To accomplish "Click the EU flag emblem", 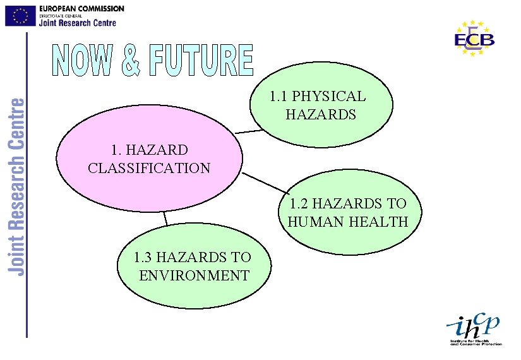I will coord(20,15).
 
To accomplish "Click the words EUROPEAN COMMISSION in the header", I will coord(81,8).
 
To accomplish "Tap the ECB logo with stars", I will coord(474,39).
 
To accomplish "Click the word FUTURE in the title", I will coord(202,61).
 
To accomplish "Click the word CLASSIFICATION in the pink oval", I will coord(149,168).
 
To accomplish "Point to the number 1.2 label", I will coord(300,203).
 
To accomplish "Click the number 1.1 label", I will coord(278,97).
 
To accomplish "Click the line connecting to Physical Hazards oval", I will coord(248,131).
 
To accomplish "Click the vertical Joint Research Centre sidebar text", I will coord(18,186).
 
